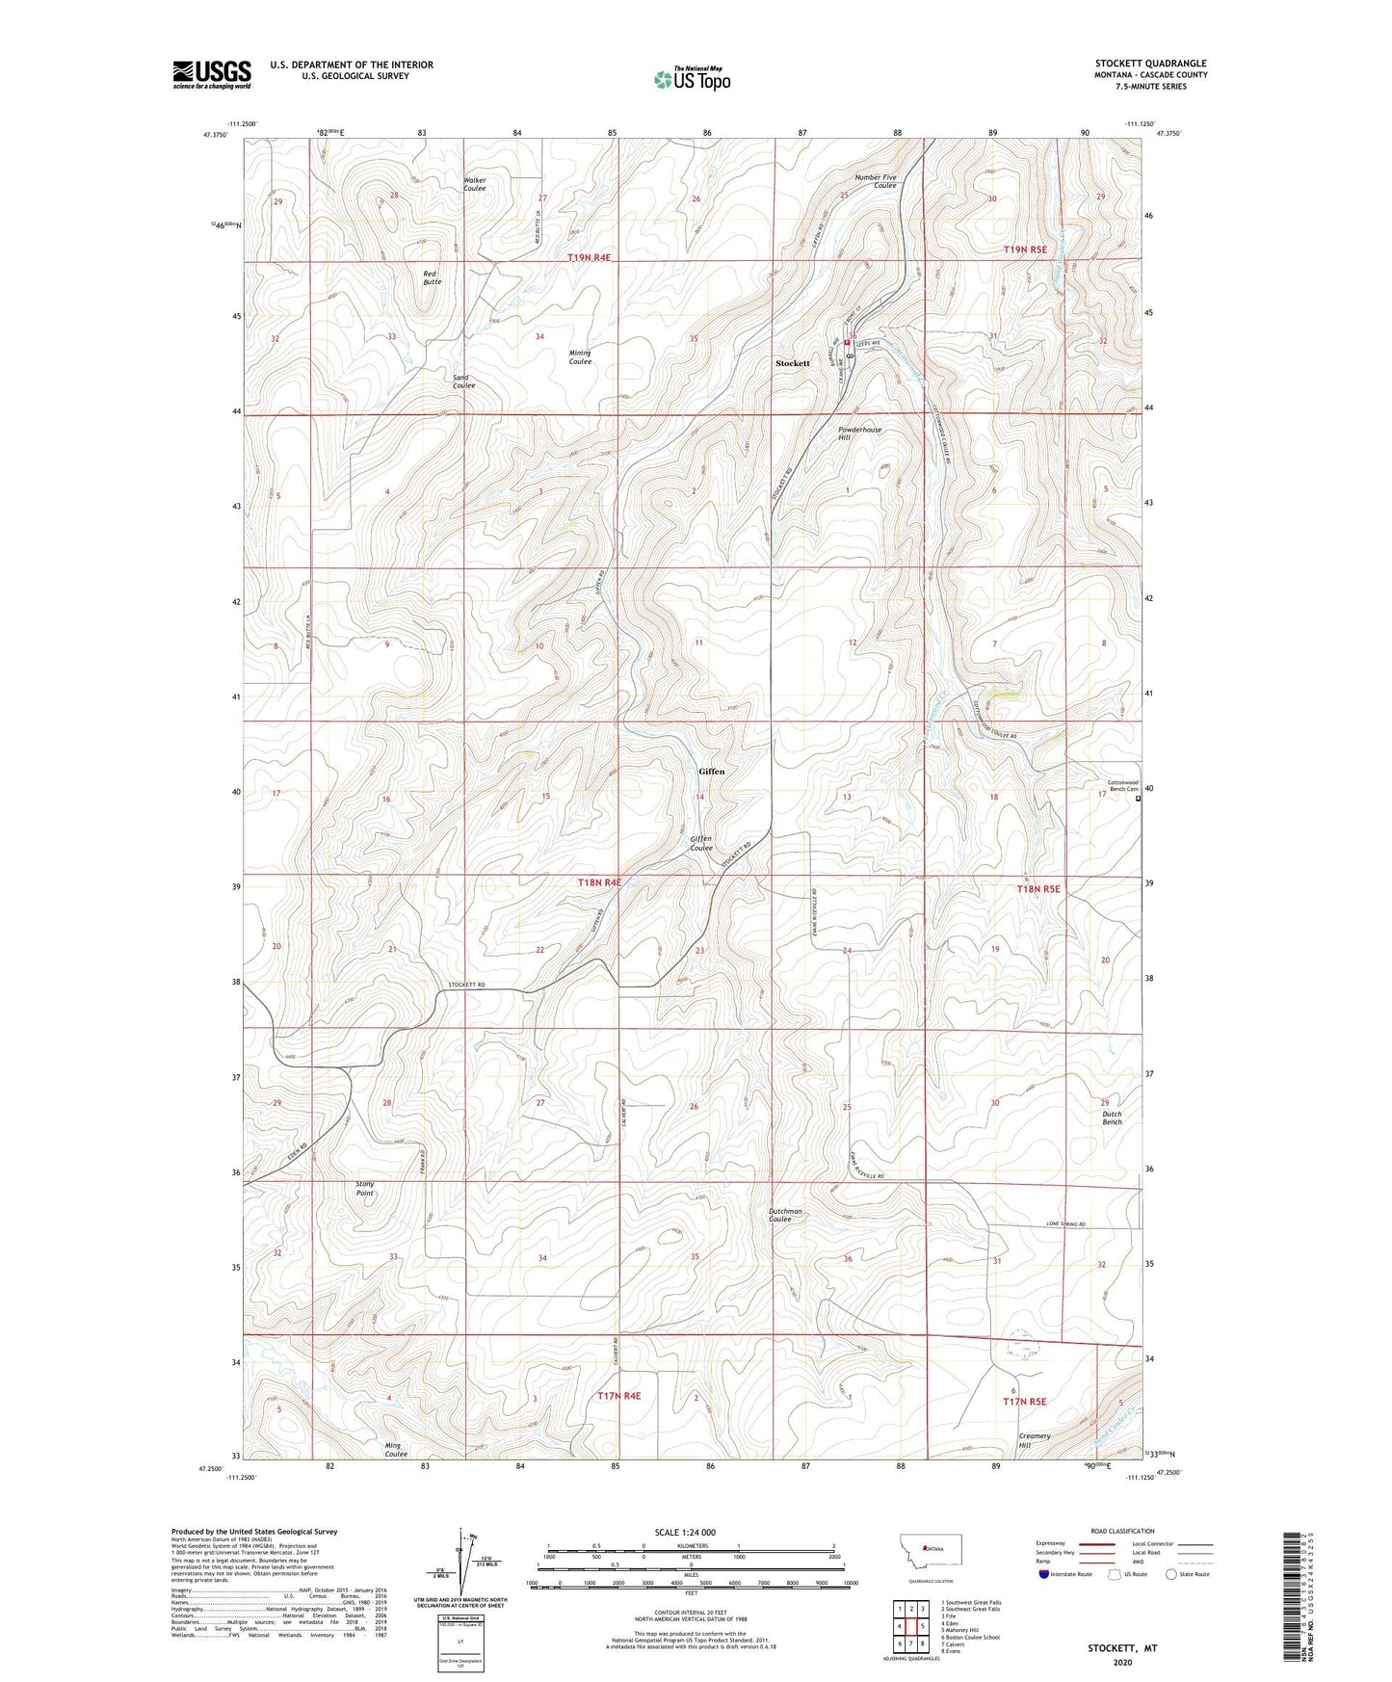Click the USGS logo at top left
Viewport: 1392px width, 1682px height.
pyautogui.click(x=212, y=74)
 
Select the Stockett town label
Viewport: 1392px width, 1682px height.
pyautogui.click(x=793, y=363)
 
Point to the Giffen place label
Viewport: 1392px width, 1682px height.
pyautogui.click(x=711, y=772)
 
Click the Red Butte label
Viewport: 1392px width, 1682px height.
pyautogui.click(x=432, y=277)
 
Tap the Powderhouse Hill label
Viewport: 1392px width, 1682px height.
pyautogui.click(x=859, y=434)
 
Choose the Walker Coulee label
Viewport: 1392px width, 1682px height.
pyautogui.click(x=474, y=184)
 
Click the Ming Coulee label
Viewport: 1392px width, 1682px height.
pyautogui.click(x=396, y=1452)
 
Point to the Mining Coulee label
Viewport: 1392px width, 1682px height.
pyautogui.click(x=579, y=357)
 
